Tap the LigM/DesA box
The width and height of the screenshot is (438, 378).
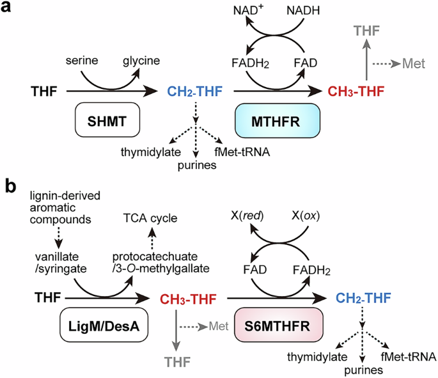point(100,327)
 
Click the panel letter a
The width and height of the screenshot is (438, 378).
point(10,12)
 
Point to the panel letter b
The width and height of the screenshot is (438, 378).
point(10,186)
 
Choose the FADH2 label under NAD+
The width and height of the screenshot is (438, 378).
point(248,65)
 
